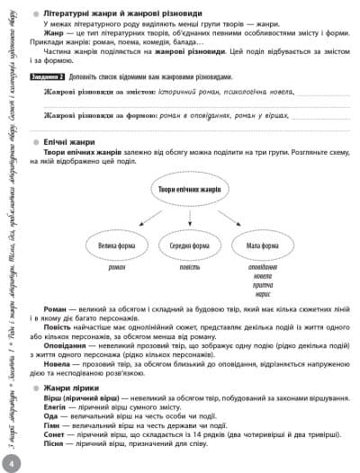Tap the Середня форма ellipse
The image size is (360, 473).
coord(189,245)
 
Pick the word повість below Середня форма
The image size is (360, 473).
coord(189,268)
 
